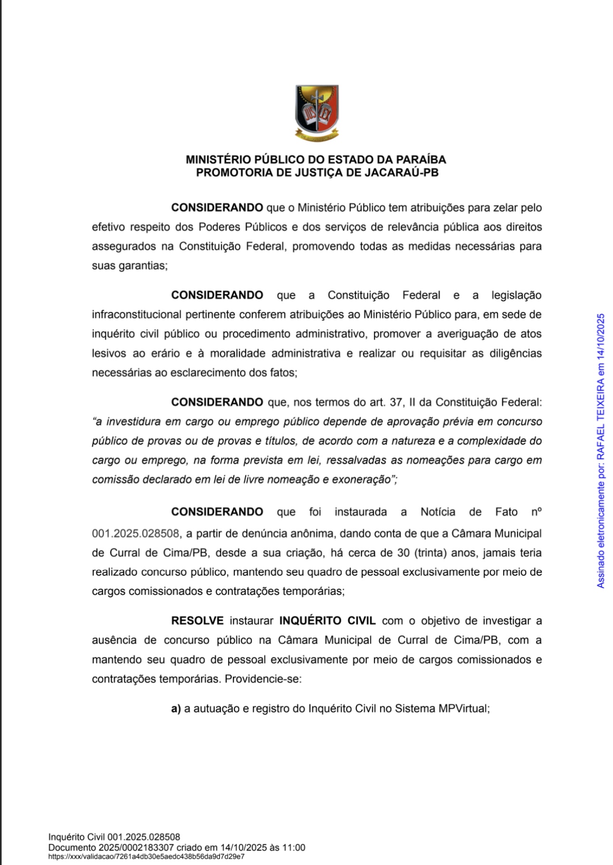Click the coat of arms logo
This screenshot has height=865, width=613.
click(317, 113)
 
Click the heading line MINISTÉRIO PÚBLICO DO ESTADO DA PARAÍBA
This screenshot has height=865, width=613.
click(316, 160)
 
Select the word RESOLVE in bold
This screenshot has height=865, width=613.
click(197, 621)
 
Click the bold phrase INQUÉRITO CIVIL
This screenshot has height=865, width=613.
click(327, 621)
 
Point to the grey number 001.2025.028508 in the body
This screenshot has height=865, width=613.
click(135, 533)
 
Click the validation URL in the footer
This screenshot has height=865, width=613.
click(146, 856)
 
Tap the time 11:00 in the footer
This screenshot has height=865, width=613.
click(295, 847)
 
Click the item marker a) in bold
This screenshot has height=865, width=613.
click(176, 709)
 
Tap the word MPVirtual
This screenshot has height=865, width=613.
click(464, 709)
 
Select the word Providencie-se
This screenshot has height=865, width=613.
click(263, 679)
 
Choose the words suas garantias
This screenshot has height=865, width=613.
click(129, 266)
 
